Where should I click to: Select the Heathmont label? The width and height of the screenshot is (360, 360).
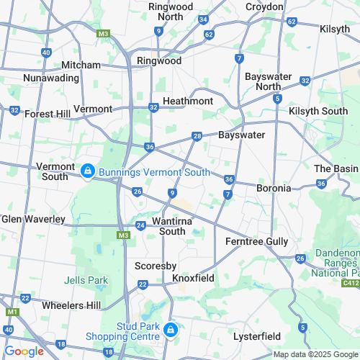[187, 101]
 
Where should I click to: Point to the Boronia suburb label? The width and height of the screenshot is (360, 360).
[274, 188]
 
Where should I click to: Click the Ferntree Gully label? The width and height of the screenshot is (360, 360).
[257, 241]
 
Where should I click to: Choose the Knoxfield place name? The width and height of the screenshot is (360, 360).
[194, 277]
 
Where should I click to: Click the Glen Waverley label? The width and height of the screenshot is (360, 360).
[33, 219]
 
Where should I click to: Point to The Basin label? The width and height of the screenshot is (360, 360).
[336, 168]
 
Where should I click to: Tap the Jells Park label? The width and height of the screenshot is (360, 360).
[86, 279]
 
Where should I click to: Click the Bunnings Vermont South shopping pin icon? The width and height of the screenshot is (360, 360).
[87, 171]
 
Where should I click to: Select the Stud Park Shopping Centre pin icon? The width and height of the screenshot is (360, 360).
[171, 330]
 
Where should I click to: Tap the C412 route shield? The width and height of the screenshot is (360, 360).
[351, 284]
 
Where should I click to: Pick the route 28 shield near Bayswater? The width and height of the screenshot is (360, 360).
[197, 137]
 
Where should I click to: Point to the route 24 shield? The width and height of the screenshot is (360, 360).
[141, 226]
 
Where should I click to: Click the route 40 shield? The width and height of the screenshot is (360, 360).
[46, 53]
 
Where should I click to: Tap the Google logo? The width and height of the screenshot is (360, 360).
[24, 351]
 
